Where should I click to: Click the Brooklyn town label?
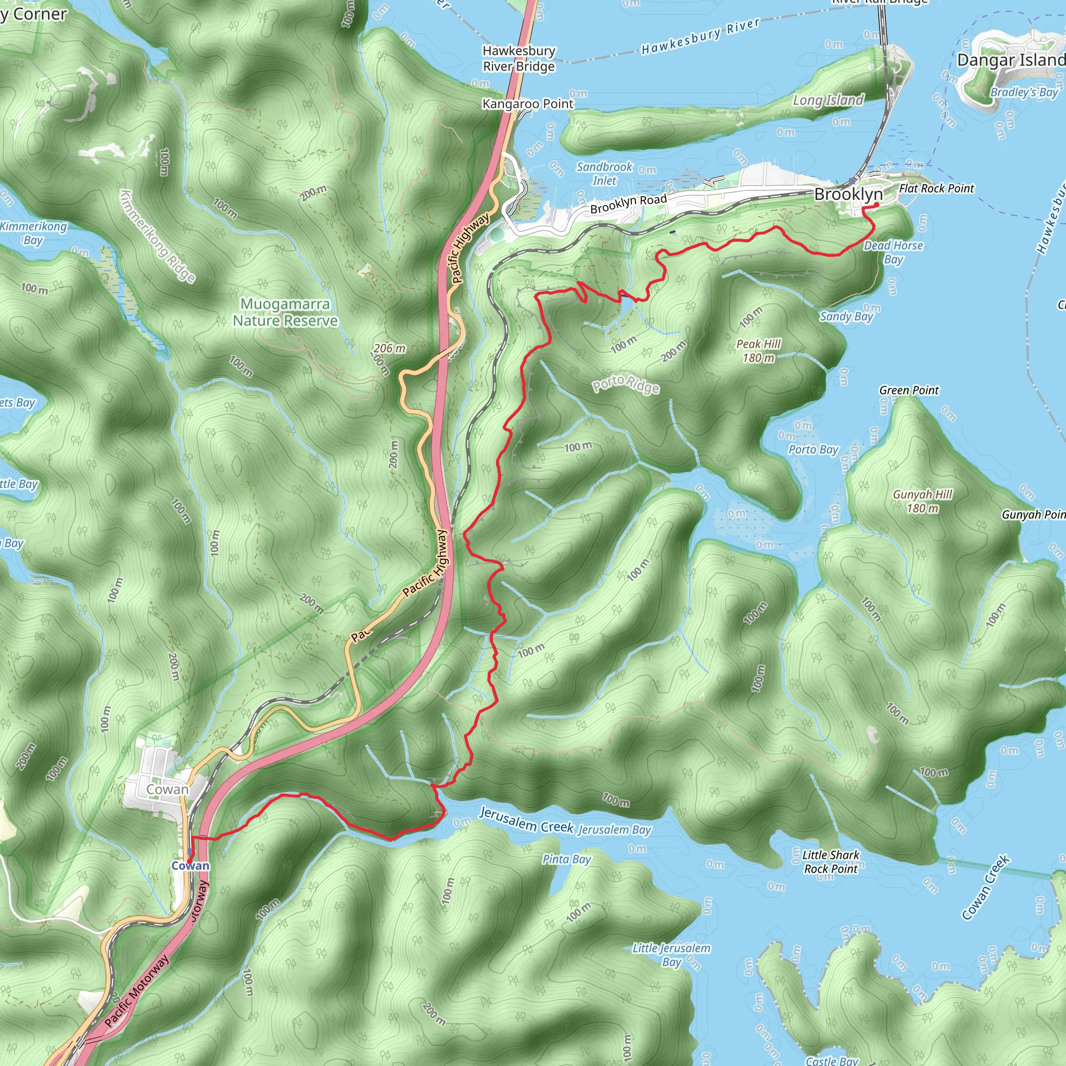(848, 194)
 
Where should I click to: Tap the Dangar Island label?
(1011, 60)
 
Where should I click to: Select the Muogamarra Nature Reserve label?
(285, 312)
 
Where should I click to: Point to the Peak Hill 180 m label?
(759, 351)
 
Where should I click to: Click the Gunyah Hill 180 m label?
(922, 501)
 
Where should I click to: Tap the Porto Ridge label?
(626, 384)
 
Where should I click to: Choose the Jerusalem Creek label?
(526, 820)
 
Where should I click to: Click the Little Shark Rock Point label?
(830, 862)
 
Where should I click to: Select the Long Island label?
(828, 100)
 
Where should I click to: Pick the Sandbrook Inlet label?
(605, 173)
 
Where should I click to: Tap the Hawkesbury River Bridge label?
(518, 58)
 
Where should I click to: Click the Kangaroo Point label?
(527, 104)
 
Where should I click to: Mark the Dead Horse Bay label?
(893, 252)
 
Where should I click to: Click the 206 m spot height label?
(389, 348)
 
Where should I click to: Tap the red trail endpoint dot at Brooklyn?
(876, 205)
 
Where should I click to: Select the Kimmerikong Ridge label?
(158, 236)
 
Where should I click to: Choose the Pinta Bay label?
(567, 859)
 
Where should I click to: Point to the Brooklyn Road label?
(628, 204)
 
